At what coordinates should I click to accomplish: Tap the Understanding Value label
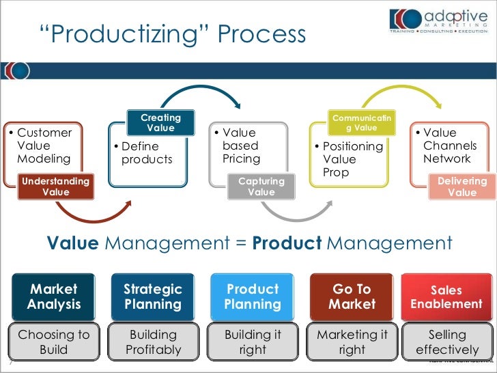pyautogui.click(x=56, y=186)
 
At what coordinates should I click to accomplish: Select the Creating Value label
pyautogui.click(x=161, y=123)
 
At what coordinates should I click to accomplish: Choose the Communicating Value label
pyautogui.click(x=362, y=124)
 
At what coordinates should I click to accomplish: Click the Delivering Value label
pyautogui.click(x=462, y=186)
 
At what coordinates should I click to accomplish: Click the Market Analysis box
pyautogui.click(x=54, y=296)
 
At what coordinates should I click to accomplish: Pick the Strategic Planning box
pyautogui.click(x=153, y=296)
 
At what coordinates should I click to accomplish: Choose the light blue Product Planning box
pyautogui.click(x=253, y=296)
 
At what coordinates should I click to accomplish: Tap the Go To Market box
pyautogui.click(x=352, y=296)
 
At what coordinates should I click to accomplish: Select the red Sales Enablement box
pyautogui.click(x=446, y=297)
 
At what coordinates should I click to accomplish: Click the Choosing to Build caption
pyautogui.click(x=54, y=342)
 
